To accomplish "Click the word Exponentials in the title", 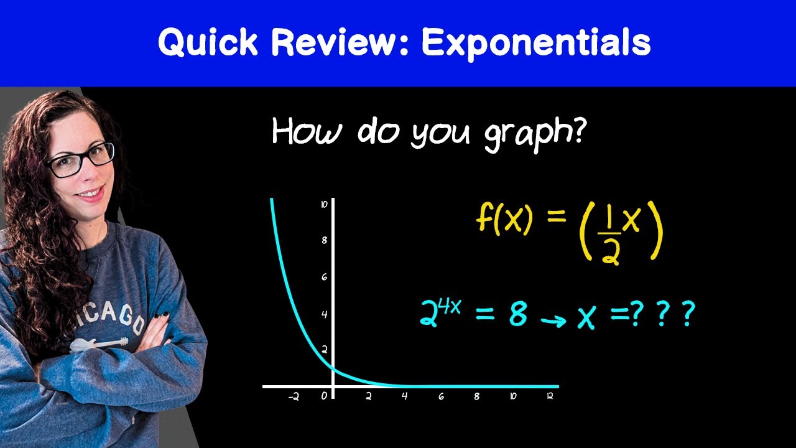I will pos(536,43).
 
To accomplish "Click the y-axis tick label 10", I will pos(324,204).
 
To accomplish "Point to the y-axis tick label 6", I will pos(324,278).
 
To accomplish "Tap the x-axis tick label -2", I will pos(294,397).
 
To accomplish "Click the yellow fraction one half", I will pos(611,238).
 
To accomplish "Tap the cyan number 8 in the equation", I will pos(518,315).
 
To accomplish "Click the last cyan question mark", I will pos(687,316).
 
